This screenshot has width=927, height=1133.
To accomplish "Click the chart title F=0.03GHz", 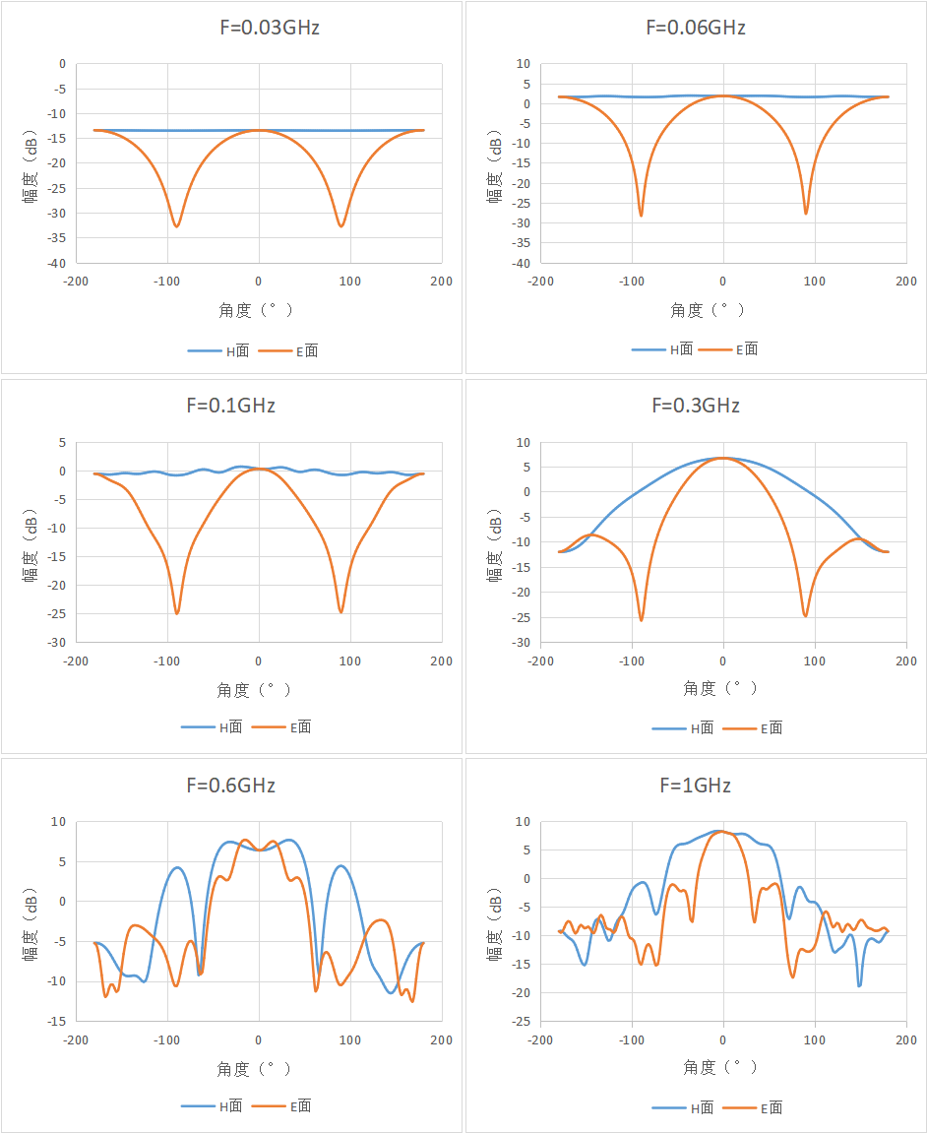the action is [270, 28].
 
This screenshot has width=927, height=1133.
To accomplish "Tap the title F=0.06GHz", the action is [696, 28].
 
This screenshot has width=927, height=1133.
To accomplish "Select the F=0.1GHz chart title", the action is [231, 406].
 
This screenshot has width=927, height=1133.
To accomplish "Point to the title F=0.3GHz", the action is [696, 406].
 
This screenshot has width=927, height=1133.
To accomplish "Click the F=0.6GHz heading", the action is [231, 785].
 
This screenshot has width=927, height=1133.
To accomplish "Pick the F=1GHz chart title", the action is [696, 785].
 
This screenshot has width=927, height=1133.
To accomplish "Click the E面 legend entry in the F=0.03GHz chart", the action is [288, 351].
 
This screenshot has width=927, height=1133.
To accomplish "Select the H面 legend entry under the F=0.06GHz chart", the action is [662, 349].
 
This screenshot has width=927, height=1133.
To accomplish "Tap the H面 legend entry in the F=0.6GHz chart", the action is [212, 1105].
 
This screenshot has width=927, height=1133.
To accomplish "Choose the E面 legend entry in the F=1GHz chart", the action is [753, 1107].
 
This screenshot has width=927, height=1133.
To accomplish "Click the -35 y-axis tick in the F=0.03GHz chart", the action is [57, 238].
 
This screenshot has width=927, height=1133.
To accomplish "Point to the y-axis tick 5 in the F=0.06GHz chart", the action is [526, 84].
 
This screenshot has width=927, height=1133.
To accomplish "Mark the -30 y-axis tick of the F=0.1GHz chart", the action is [57, 643].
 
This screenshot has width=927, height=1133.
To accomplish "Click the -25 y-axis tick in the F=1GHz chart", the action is [522, 1021].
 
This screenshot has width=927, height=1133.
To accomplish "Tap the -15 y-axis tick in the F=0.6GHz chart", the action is [57, 1021].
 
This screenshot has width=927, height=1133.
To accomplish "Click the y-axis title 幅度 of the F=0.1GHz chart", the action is [31, 567].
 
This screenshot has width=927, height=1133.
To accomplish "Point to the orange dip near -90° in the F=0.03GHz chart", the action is [176, 226].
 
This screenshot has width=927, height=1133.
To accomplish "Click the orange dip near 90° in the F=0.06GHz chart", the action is [806, 213].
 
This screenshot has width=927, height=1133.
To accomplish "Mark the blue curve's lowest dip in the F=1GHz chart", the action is [859, 985].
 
